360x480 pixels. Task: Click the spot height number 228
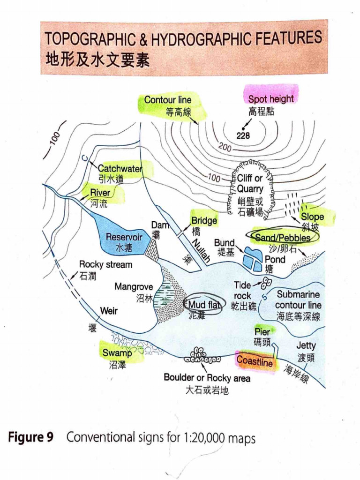coord(243,136)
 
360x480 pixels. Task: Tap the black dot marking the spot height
coord(243,128)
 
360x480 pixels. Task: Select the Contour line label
coord(168,100)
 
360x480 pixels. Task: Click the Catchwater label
coord(120,168)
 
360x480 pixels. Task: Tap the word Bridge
coord(204,221)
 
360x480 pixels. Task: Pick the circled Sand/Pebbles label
coord(283,238)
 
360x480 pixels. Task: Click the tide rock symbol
coord(266,283)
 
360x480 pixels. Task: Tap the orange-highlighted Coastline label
coord(255,361)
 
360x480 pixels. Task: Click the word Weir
coord(109,311)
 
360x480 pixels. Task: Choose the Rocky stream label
coord(105,264)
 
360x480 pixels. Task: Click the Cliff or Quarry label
coord(250,184)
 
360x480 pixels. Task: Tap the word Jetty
coord(306,346)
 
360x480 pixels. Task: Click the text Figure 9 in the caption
coord(31,438)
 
